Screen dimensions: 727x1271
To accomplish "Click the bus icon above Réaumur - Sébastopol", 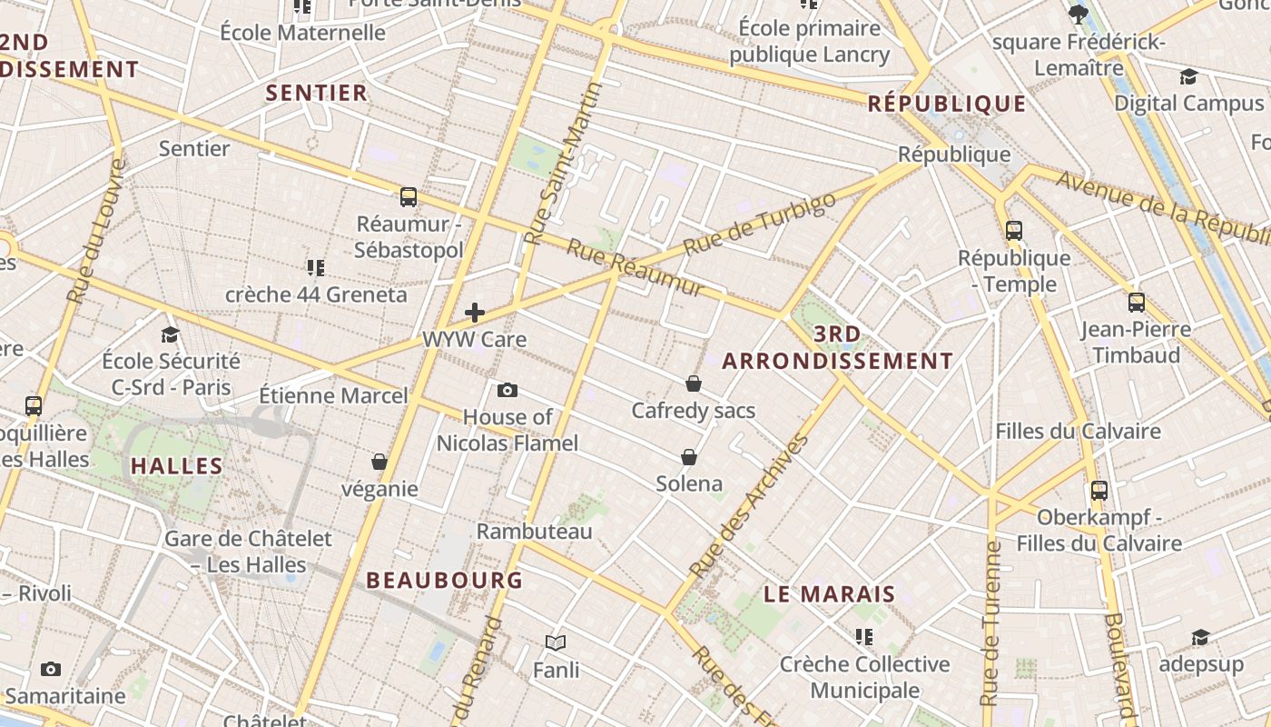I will [x=409, y=196].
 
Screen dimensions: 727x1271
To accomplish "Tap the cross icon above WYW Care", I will [x=474, y=313].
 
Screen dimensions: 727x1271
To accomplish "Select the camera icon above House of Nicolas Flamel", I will [x=507, y=391].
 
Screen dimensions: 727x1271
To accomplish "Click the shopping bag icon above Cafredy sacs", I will [x=694, y=383].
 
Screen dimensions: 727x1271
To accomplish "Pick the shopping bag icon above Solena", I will [x=689, y=456].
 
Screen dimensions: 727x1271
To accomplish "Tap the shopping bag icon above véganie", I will [x=379, y=462].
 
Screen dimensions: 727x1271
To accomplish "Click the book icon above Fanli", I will [x=556, y=643].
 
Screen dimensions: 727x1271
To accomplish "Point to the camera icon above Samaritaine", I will [x=51, y=670].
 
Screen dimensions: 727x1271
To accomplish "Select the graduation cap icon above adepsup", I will [x=1200, y=638].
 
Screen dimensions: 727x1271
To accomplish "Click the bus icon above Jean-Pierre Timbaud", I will [x=1136, y=303].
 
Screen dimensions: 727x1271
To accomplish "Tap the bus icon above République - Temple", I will [x=1014, y=231].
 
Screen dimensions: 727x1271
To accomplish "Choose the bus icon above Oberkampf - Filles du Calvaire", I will [x=1099, y=491].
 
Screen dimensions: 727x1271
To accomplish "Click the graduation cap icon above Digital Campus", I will [x=1188, y=76].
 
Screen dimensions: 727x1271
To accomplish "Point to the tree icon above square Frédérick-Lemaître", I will [x=1079, y=14].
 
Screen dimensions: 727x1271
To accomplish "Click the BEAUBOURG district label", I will [x=444, y=580].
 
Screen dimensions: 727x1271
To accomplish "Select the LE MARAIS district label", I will [x=829, y=594].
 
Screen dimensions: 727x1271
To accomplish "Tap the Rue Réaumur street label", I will [x=635, y=268].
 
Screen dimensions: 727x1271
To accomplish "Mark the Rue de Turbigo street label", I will [x=759, y=224].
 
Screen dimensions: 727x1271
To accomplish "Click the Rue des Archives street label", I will [x=749, y=507].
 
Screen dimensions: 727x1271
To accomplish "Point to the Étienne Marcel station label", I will [x=333, y=396].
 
